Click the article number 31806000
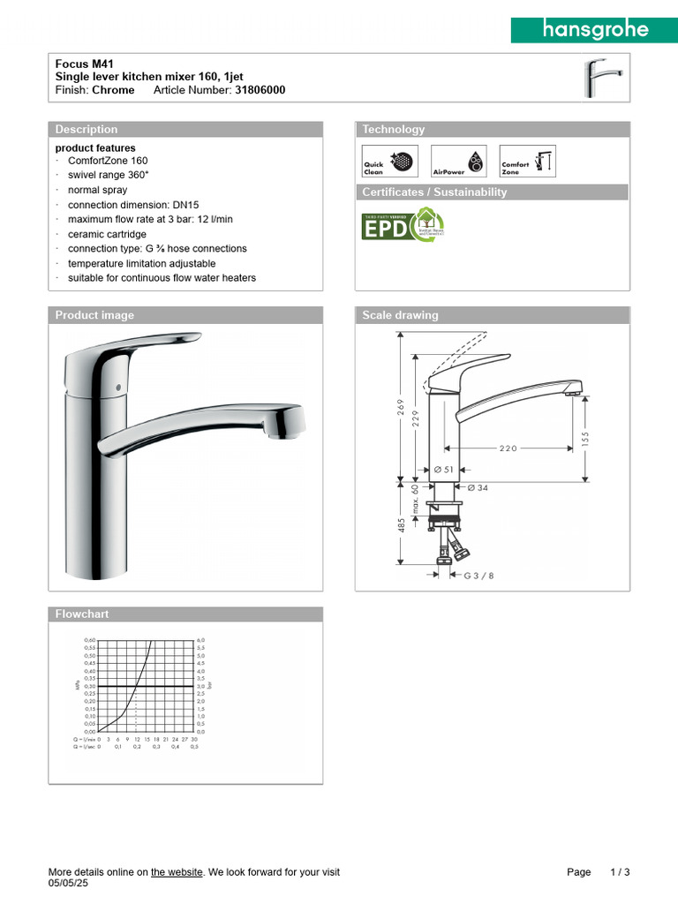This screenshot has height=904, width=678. click(x=260, y=90)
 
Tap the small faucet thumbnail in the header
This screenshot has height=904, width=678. click(x=604, y=78)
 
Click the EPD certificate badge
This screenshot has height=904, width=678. click(x=403, y=226)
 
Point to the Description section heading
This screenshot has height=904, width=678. click(x=87, y=130)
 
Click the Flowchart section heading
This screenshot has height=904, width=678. click(x=82, y=614)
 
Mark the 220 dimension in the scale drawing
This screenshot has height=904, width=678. click(x=508, y=448)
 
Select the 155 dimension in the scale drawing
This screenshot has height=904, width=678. click(x=585, y=437)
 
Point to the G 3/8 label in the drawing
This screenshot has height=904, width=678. click(x=479, y=576)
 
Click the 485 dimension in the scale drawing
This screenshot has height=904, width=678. click(x=400, y=525)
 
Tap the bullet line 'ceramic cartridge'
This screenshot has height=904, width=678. click(x=107, y=234)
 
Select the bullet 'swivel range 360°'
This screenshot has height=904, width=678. click(x=109, y=176)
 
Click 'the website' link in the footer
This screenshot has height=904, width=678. click(x=177, y=872)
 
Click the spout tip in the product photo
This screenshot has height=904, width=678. click(x=284, y=426)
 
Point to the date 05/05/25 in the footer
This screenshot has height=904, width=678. click(x=68, y=883)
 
